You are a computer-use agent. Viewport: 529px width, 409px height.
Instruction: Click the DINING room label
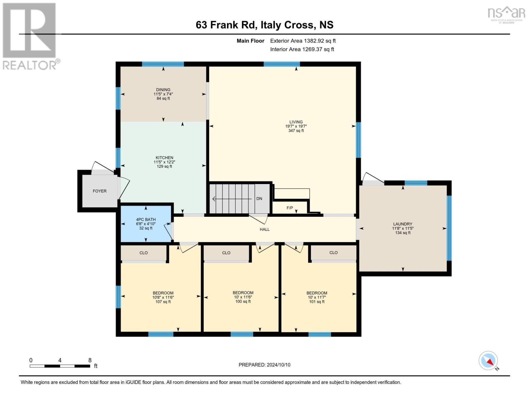(163, 90)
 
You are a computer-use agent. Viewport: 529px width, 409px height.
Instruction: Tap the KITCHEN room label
(165, 158)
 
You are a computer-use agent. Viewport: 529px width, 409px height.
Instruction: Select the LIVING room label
(296, 122)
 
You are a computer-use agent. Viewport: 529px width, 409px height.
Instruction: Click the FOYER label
(99, 191)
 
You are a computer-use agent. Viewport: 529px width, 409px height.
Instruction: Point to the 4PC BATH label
(146, 219)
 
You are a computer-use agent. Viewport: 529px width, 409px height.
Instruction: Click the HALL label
(264, 229)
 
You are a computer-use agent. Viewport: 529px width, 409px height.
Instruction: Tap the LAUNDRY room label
(403, 224)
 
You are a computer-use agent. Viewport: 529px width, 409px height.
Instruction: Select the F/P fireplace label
(290, 208)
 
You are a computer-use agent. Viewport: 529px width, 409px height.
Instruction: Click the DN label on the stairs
(259, 199)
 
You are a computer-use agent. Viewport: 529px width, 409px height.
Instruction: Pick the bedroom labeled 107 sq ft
(163, 297)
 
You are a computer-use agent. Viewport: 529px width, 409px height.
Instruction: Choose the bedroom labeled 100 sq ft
(243, 297)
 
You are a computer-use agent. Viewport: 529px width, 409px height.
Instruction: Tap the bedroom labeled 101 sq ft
(317, 297)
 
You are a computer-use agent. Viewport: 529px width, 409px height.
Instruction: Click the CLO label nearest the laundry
(333, 253)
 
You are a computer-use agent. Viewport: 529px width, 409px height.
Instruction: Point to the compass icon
(488, 361)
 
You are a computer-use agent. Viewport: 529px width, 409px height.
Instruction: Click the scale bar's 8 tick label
(90, 360)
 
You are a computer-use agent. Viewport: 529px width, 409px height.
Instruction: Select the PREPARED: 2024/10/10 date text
(264, 365)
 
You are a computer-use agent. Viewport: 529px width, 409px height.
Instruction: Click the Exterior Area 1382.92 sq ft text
(303, 41)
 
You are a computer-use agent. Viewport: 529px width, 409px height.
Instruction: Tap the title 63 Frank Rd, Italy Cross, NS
(264, 25)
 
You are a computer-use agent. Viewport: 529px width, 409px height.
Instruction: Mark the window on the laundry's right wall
(449, 228)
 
